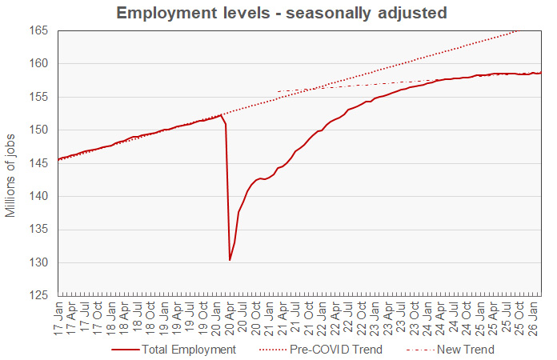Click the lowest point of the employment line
230,260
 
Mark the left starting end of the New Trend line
277,91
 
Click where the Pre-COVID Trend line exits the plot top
521,30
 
